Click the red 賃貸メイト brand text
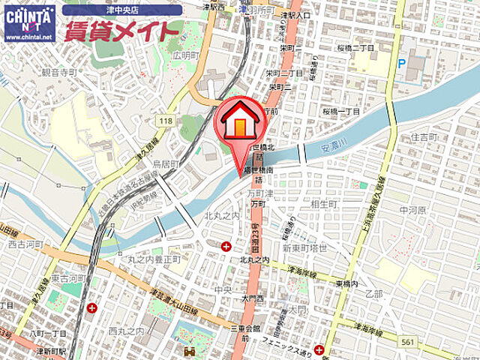pyautogui.click(x=123, y=31)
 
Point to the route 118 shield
pyautogui.click(x=166, y=119)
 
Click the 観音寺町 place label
pyautogui.click(x=59, y=73)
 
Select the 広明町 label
pyautogui.click(x=183, y=54)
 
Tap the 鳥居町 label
pyautogui.click(x=165, y=163)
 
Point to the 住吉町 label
pyautogui.click(x=424, y=137)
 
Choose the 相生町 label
pyautogui.click(x=324, y=204)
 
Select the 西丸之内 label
pyautogui.click(x=125, y=330)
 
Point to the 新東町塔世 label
pyautogui.click(x=305, y=248)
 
